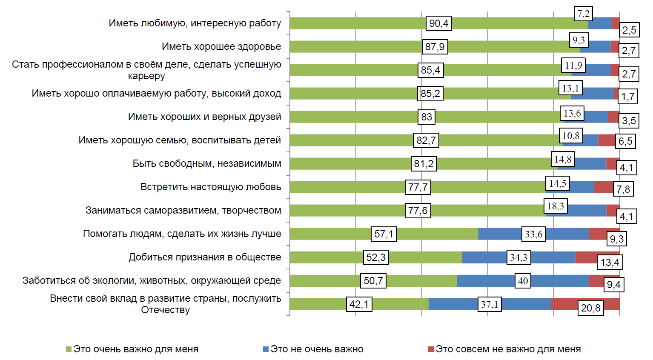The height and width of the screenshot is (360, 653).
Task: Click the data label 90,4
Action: pos(438,23)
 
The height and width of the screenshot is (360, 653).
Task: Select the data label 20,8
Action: pos(590,308)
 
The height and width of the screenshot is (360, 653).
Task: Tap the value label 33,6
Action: pos(533,234)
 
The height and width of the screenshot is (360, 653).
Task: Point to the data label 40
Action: pos(523,281)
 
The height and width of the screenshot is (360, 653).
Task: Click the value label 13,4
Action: pos(610,262)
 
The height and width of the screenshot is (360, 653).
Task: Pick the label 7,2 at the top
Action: pos(583,14)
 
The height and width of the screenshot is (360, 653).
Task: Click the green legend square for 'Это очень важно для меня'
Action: pos(69,349)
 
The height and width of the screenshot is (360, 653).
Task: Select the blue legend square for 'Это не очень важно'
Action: pos(266,349)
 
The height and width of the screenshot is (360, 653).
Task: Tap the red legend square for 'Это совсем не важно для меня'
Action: pos(431,349)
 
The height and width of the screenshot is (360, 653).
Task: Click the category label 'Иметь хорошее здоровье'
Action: pos(221,46)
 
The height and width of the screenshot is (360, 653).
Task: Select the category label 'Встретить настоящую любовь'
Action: pos(211,187)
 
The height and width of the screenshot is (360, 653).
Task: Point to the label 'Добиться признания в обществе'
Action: pos(205,257)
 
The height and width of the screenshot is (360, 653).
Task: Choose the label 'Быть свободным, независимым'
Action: pos(207,163)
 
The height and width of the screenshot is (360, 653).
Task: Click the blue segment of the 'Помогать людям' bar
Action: pos(498,234)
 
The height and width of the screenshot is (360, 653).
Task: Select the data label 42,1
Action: pos(359,304)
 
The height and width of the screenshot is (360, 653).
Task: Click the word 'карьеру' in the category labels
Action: pos(146,76)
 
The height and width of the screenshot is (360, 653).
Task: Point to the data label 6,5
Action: pos(625,141)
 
